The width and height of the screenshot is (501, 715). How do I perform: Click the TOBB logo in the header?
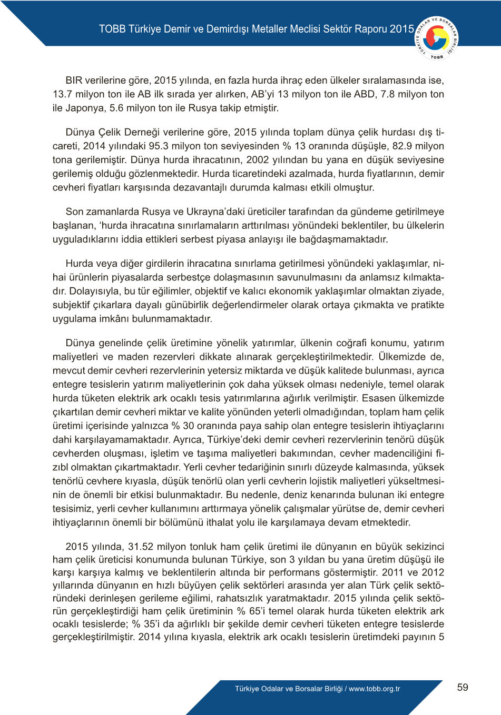(437, 38)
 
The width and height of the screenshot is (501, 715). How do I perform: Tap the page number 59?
(463, 687)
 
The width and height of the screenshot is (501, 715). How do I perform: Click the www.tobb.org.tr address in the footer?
(375, 689)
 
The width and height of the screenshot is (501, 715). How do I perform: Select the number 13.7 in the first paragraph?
(62, 94)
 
